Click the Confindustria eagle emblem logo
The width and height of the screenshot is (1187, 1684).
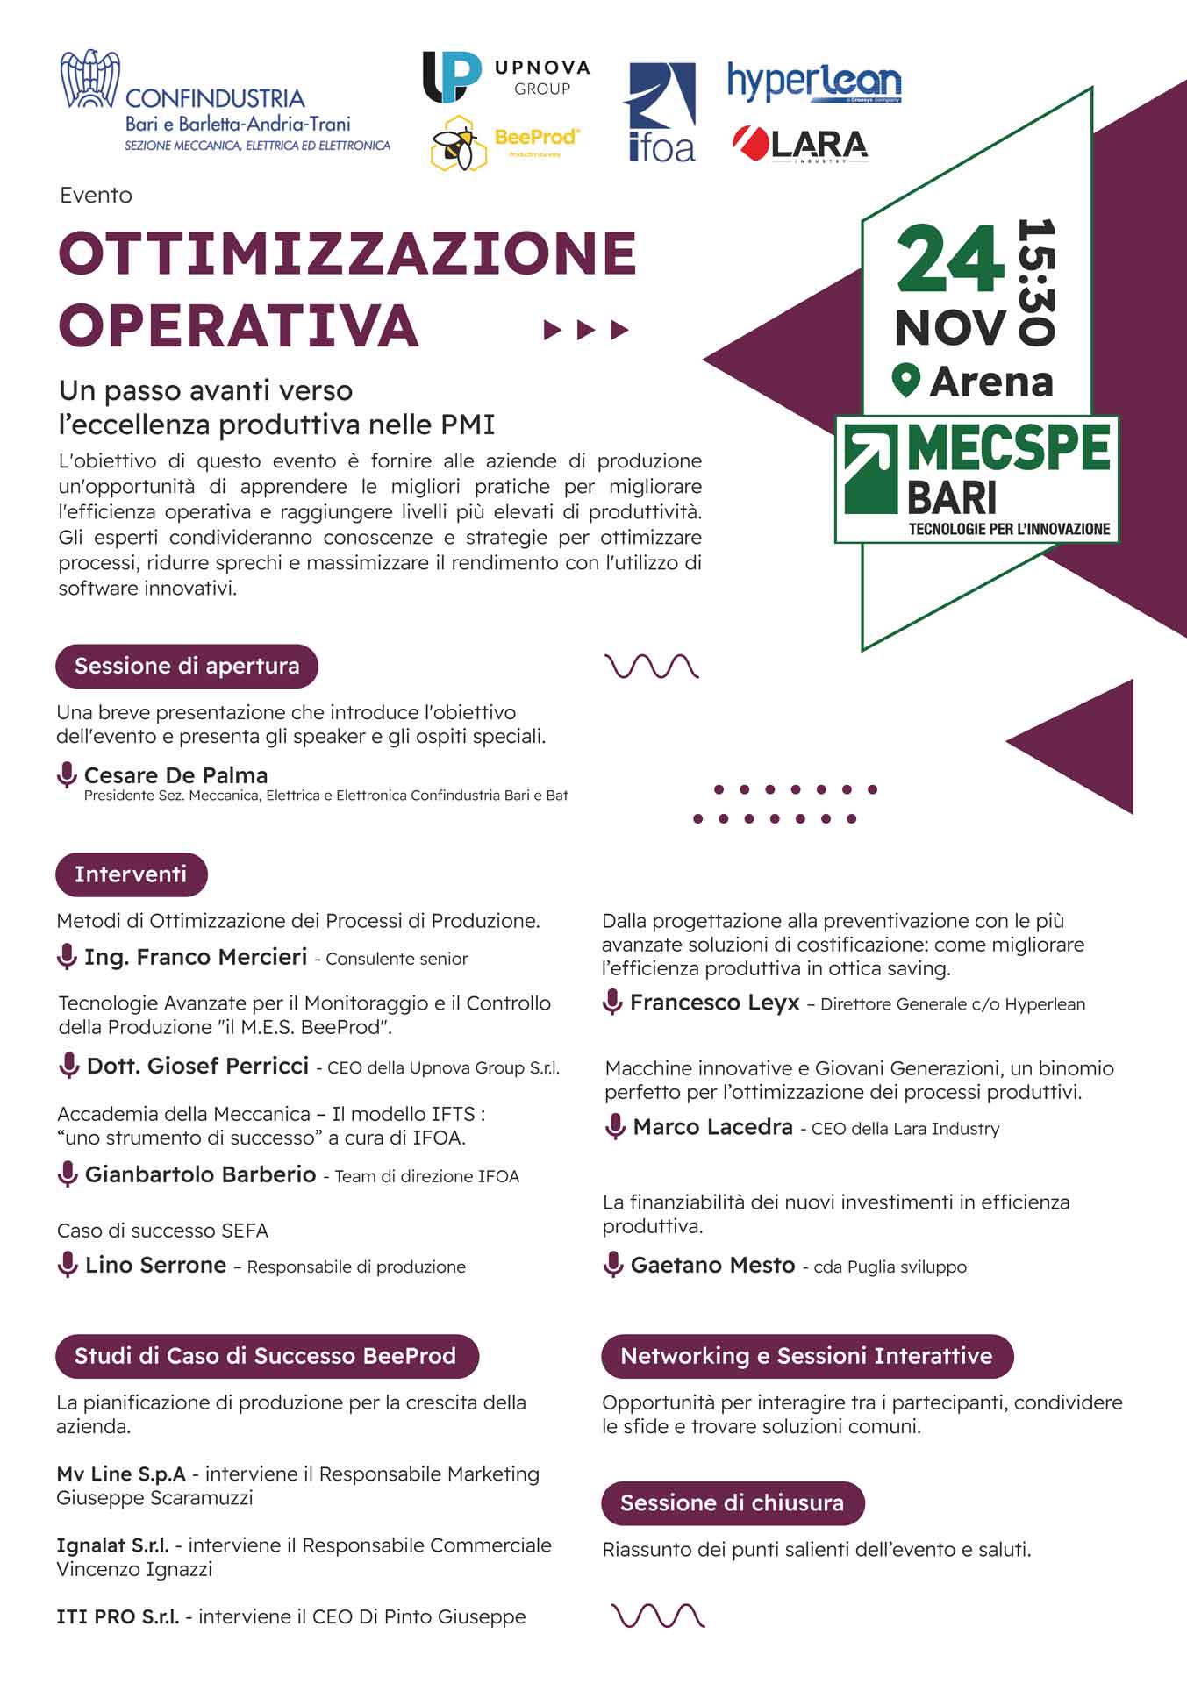tap(89, 80)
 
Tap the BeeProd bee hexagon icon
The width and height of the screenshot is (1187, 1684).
tap(459, 143)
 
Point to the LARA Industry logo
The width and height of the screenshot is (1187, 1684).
tap(800, 145)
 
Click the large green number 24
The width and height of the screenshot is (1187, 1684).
tap(950, 260)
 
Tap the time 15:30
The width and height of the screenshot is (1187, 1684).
tap(1036, 282)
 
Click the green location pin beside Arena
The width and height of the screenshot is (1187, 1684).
tap(905, 382)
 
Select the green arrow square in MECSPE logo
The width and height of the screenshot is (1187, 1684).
tap(870, 469)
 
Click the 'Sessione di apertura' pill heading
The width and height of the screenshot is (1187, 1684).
tap(187, 667)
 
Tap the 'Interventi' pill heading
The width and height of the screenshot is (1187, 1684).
tap(131, 874)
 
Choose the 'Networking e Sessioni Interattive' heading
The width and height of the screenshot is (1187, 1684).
tap(806, 1356)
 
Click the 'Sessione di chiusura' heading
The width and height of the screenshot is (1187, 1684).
tap(732, 1503)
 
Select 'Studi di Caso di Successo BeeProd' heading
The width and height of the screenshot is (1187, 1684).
tap(266, 1356)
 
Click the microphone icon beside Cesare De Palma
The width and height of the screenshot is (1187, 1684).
tap(67, 775)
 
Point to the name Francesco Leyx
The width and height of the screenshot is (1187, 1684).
tap(714, 1003)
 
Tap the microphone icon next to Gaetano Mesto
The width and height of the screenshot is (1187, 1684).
tap(613, 1265)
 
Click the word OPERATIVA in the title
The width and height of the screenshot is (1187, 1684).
tap(239, 325)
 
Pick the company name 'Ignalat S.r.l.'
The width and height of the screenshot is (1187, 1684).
tap(113, 1545)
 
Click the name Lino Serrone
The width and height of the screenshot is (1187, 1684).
tap(155, 1265)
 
